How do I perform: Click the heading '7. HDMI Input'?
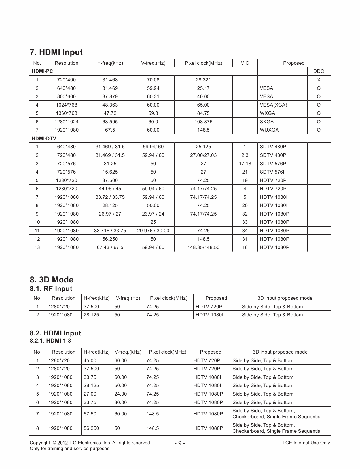click(x=56, y=52)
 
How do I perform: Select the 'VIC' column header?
click(x=245, y=63)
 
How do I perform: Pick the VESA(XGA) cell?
click(x=273, y=105)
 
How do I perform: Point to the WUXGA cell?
click(x=269, y=130)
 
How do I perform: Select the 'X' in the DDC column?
click(x=319, y=80)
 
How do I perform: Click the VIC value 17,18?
click(x=245, y=164)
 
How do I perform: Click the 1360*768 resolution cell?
click(x=66, y=113)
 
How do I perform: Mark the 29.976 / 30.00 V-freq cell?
click(x=153, y=231)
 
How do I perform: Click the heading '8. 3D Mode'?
click(x=52, y=280)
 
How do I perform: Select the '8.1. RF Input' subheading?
click(x=51, y=289)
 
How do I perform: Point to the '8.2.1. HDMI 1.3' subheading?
click(x=50, y=341)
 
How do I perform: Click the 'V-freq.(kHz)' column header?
click(x=128, y=352)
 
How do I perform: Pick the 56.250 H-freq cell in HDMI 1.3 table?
click(x=91, y=428)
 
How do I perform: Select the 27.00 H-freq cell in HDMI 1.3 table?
click(x=90, y=394)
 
